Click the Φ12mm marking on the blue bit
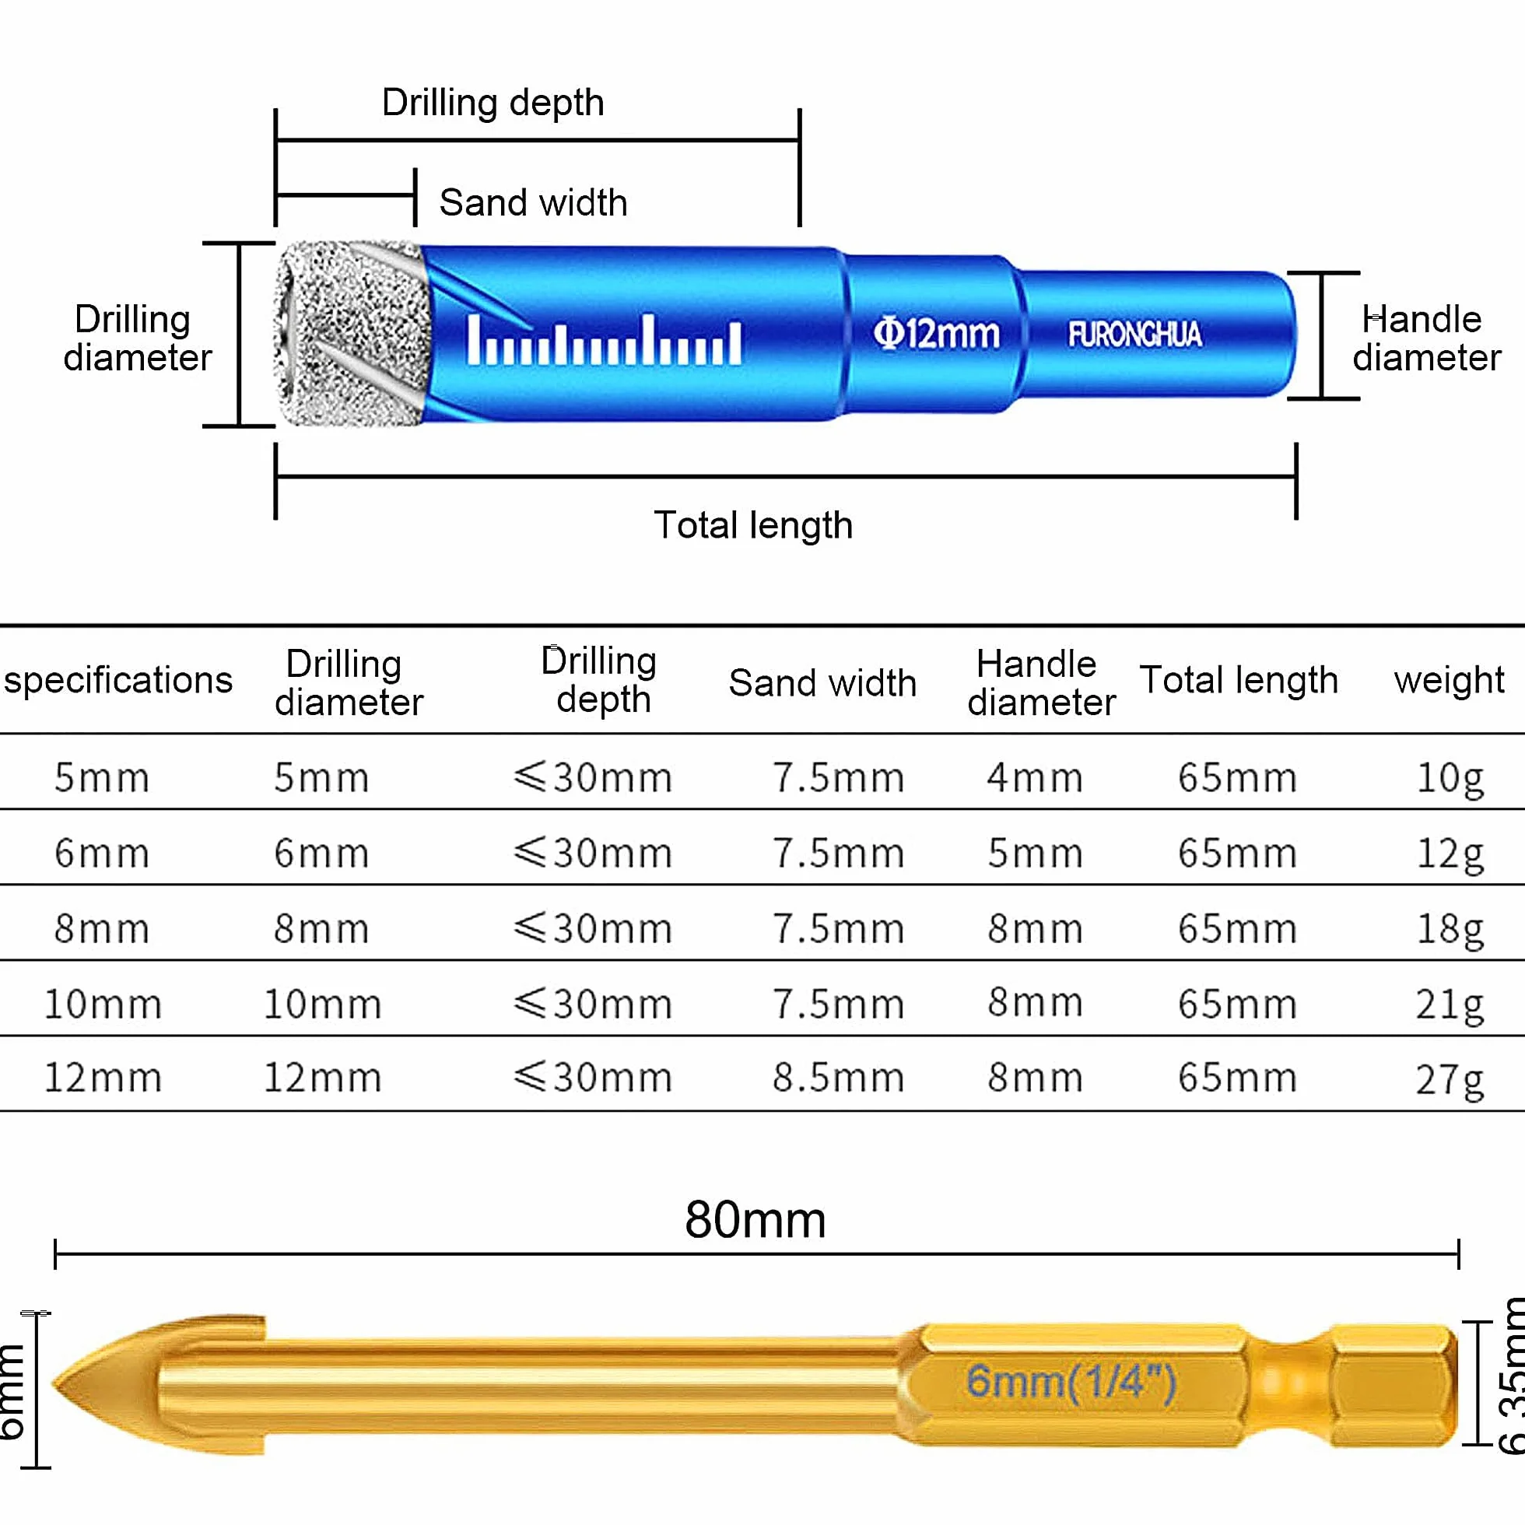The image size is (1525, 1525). (x=936, y=333)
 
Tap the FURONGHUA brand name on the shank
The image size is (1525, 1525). (x=1135, y=334)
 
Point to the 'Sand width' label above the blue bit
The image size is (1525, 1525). (x=533, y=202)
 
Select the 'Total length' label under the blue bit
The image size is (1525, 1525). (x=753, y=525)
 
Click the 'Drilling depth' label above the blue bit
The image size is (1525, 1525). (x=493, y=103)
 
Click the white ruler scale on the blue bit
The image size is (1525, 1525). (x=605, y=340)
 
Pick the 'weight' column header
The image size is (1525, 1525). (x=1450, y=680)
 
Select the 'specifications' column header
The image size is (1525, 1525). (x=118, y=680)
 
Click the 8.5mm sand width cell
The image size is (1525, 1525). (x=838, y=1077)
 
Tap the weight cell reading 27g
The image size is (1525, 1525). (x=1450, y=1080)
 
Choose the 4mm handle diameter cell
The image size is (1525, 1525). (x=1035, y=777)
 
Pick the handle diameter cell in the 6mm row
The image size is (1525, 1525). (x=1035, y=853)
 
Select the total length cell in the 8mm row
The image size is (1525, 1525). (x=1238, y=928)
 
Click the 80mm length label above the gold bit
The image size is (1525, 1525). (x=755, y=1219)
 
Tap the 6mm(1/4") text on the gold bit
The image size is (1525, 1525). (x=1071, y=1381)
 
